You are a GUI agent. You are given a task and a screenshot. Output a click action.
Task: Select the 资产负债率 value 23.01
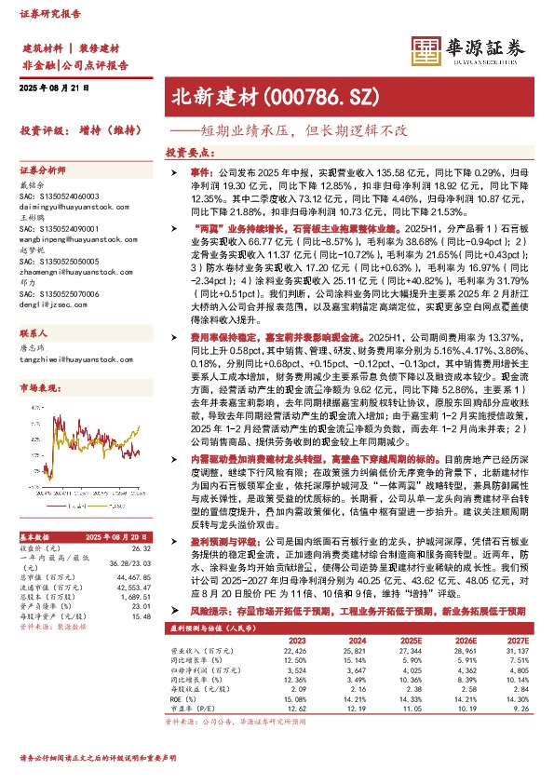[141, 580]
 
